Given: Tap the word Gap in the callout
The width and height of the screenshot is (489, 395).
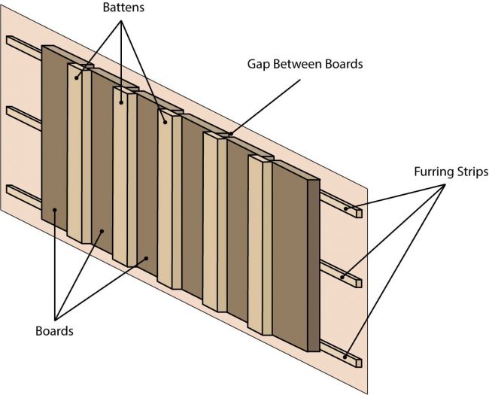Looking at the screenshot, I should [x=258, y=64].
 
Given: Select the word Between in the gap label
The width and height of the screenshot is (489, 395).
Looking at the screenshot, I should [x=297, y=64].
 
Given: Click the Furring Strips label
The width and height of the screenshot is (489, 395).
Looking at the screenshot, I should [x=451, y=172].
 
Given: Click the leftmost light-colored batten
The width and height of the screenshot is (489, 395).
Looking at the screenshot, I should [x=75, y=150].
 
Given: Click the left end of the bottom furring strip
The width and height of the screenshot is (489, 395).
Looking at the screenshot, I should [x=11, y=188].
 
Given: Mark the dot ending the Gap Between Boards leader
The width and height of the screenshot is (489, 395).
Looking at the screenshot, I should [x=230, y=135].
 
